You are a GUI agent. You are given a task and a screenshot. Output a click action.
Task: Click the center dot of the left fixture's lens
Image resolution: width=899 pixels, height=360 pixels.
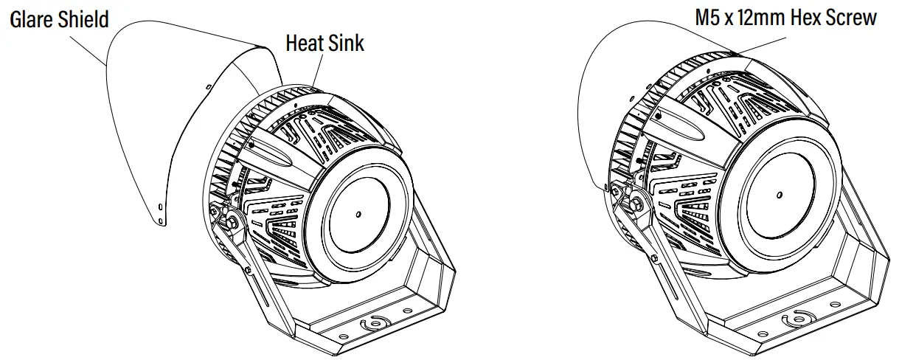point(358,215)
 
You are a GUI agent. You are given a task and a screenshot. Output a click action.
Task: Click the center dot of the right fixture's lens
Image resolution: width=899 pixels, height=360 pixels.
point(780,195)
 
